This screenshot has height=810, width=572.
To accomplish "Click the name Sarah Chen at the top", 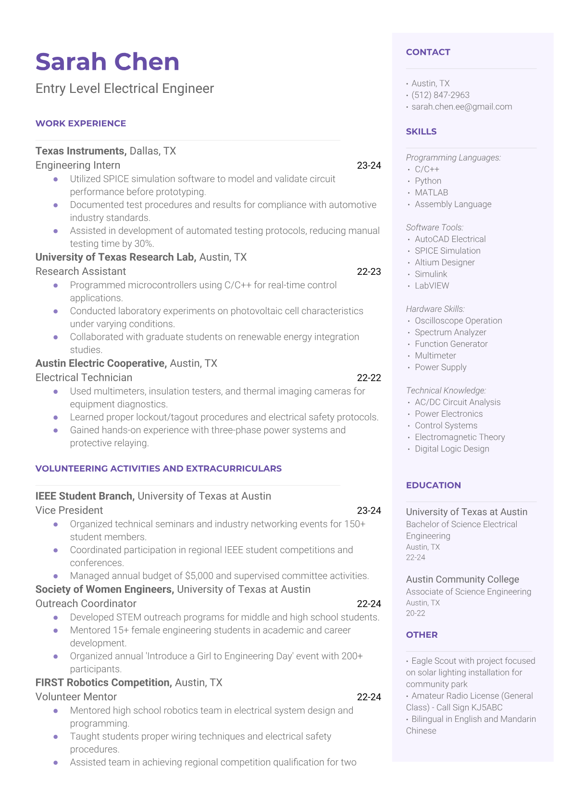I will click(x=107, y=62).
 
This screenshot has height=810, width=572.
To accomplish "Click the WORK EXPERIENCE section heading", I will click(x=81, y=124).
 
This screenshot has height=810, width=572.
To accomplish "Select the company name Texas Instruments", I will click(x=81, y=151).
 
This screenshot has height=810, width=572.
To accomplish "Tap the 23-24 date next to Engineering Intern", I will click(x=369, y=166).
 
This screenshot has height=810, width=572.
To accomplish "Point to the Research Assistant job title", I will click(x=81, y=271).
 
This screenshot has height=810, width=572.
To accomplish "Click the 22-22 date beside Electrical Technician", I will click(x=369, y=378).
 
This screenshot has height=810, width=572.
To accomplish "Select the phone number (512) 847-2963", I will click(x=440, y=95).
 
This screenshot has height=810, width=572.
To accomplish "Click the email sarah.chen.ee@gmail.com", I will click(x=461, y=107).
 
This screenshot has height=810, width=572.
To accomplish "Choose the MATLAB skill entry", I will click(x=431, y=193).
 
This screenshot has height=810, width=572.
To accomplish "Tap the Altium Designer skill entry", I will click(x=445, y=262).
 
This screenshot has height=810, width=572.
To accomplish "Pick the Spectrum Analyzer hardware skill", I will click(x=450, y=333).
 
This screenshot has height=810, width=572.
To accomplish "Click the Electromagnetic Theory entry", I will click(x=460, y=437).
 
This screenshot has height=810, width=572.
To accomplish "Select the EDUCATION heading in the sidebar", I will click(x=433, y=486).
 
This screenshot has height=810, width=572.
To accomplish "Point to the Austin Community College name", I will click(x=462, y=579).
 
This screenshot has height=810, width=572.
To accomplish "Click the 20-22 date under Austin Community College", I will click(x=415, y=614).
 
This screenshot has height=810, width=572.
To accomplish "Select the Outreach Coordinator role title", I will click(x=86, y=604).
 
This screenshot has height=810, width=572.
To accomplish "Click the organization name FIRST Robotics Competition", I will click(x=103, y=683).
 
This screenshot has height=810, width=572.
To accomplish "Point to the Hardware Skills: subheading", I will click(x=435, y=309).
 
